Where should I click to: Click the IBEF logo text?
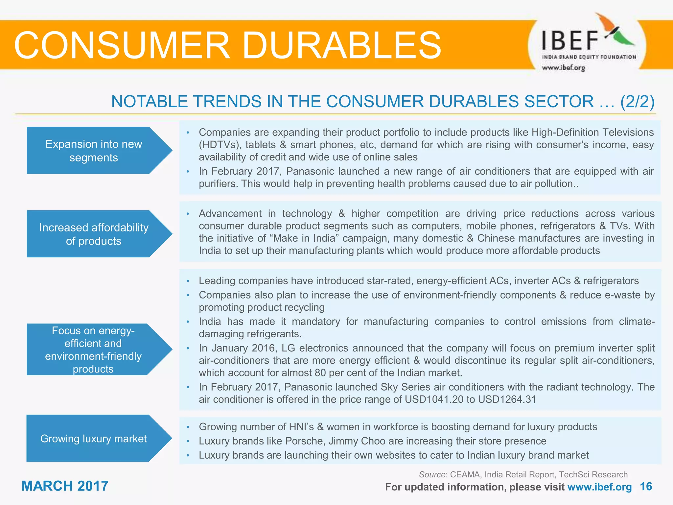tap(570, 40)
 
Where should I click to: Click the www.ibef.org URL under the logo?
tap(563, 68)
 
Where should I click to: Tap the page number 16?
tap(646, 487)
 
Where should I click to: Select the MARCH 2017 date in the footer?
tap(65, 486)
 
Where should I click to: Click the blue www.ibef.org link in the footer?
tap(599, 487)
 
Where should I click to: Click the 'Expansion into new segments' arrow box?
tap(94, 151)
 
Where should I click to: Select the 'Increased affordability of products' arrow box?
tap(94, 234)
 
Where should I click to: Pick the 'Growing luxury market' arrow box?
tap(94, 438)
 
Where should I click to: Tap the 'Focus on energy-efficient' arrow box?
tap(94, 349)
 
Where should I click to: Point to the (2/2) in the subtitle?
tap(637, 102)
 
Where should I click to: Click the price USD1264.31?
tap(507, 399)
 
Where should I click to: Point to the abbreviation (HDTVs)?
tap(219, 145)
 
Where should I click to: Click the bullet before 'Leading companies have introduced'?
tap(188, 281)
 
